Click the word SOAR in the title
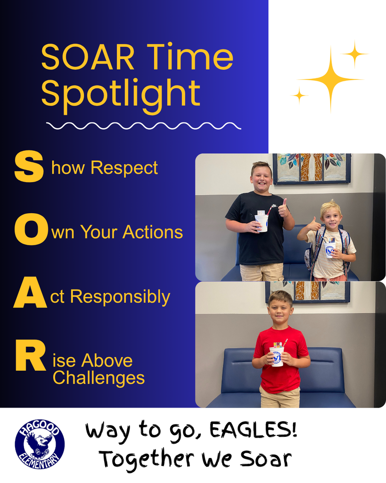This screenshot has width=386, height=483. tap(88, 58)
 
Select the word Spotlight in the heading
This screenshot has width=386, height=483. tap(121, 93)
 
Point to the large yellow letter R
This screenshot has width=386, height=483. tap(30, 360)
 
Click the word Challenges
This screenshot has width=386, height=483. tap(99, 378)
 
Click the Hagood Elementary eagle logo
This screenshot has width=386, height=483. tap(40, 444)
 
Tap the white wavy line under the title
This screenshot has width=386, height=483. tap(144, 125)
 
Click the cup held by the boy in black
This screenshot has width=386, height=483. tap(262, 222)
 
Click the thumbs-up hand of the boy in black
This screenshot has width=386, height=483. tap(283, 208)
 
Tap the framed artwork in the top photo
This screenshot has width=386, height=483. tap(312, 168)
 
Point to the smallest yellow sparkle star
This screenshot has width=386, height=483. tap(299, 95)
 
